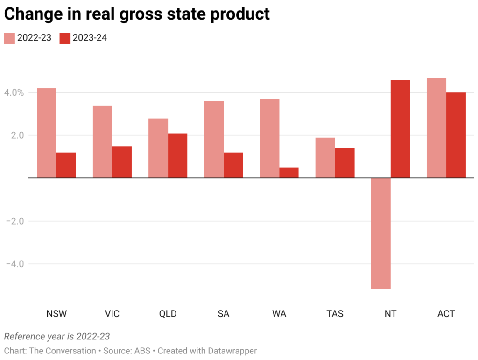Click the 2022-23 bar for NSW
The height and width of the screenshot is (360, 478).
[x=47, y=133]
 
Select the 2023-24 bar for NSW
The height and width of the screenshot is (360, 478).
[x=66, y=165]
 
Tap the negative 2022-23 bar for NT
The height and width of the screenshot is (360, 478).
[x=381, y=233]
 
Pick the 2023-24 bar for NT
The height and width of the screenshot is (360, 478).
[x=401, y=129]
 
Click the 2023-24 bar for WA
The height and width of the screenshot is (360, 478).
[x=289, y=173]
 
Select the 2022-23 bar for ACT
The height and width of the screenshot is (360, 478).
[x=436, y=128]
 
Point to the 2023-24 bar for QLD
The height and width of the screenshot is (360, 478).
[x=177, y=155]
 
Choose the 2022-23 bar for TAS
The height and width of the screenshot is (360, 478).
[x=325, y=158]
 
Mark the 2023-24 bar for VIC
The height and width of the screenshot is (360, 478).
[x=122, y=162]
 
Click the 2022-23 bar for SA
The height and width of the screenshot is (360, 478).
[x=214, y=140]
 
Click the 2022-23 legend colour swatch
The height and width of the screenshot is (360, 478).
[x=9, y=38]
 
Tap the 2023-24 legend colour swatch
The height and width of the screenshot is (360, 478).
[x=65, y=38]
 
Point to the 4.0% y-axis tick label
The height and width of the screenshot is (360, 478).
[x=14, y=92]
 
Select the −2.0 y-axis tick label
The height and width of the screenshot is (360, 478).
[x=14, y=221]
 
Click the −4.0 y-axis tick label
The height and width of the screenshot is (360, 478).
[x=14, y=264]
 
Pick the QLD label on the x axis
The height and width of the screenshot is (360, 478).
[x=168, y=314]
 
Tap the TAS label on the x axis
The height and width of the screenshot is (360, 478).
[x=335, y=314]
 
